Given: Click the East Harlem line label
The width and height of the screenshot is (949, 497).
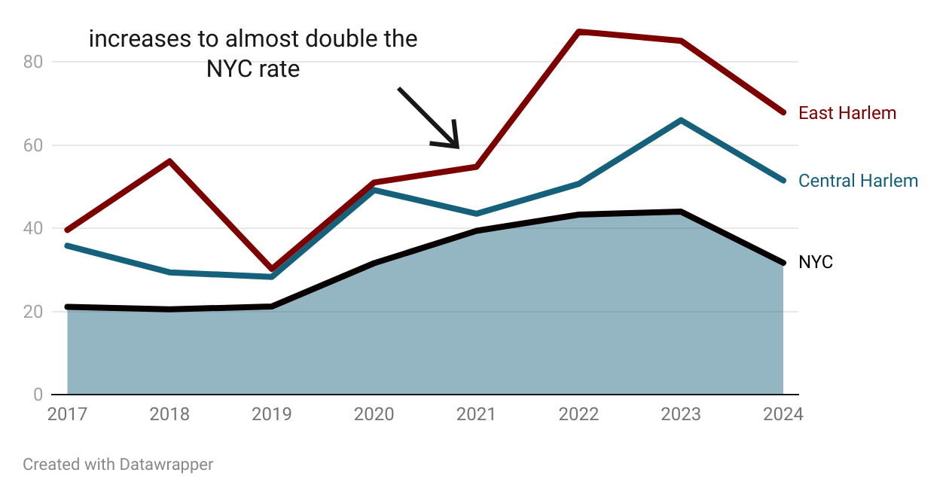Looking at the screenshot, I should point(847,113).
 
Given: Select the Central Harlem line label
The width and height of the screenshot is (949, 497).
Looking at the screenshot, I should point(858,181).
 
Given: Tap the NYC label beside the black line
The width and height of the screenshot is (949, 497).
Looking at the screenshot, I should point(816,262).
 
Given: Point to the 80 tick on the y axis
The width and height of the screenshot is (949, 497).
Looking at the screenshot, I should point(33,62).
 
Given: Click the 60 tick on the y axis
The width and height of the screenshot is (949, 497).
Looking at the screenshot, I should point(33,145).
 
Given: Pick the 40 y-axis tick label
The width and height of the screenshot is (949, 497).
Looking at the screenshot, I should point(33,228).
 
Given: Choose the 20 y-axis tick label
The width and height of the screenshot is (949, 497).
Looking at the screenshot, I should point(33,312).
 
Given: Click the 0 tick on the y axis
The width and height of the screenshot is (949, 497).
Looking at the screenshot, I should point(38,395).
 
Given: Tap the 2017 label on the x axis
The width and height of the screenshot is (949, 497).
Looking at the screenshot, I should point(67,414).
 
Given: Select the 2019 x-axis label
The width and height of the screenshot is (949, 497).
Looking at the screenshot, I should point(272,414).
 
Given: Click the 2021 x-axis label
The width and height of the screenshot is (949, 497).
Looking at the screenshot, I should point(476,414).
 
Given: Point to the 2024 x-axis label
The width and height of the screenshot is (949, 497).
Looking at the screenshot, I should point(783,414).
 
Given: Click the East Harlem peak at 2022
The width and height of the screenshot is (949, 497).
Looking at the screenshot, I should point(578,32).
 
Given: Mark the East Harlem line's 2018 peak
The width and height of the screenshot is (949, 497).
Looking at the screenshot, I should point(170,161).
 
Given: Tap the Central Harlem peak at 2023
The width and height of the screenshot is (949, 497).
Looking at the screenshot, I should point(681,120).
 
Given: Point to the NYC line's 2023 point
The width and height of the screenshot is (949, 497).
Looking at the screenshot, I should point(681,212).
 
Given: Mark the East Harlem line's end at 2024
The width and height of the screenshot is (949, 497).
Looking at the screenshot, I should point(783,112).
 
